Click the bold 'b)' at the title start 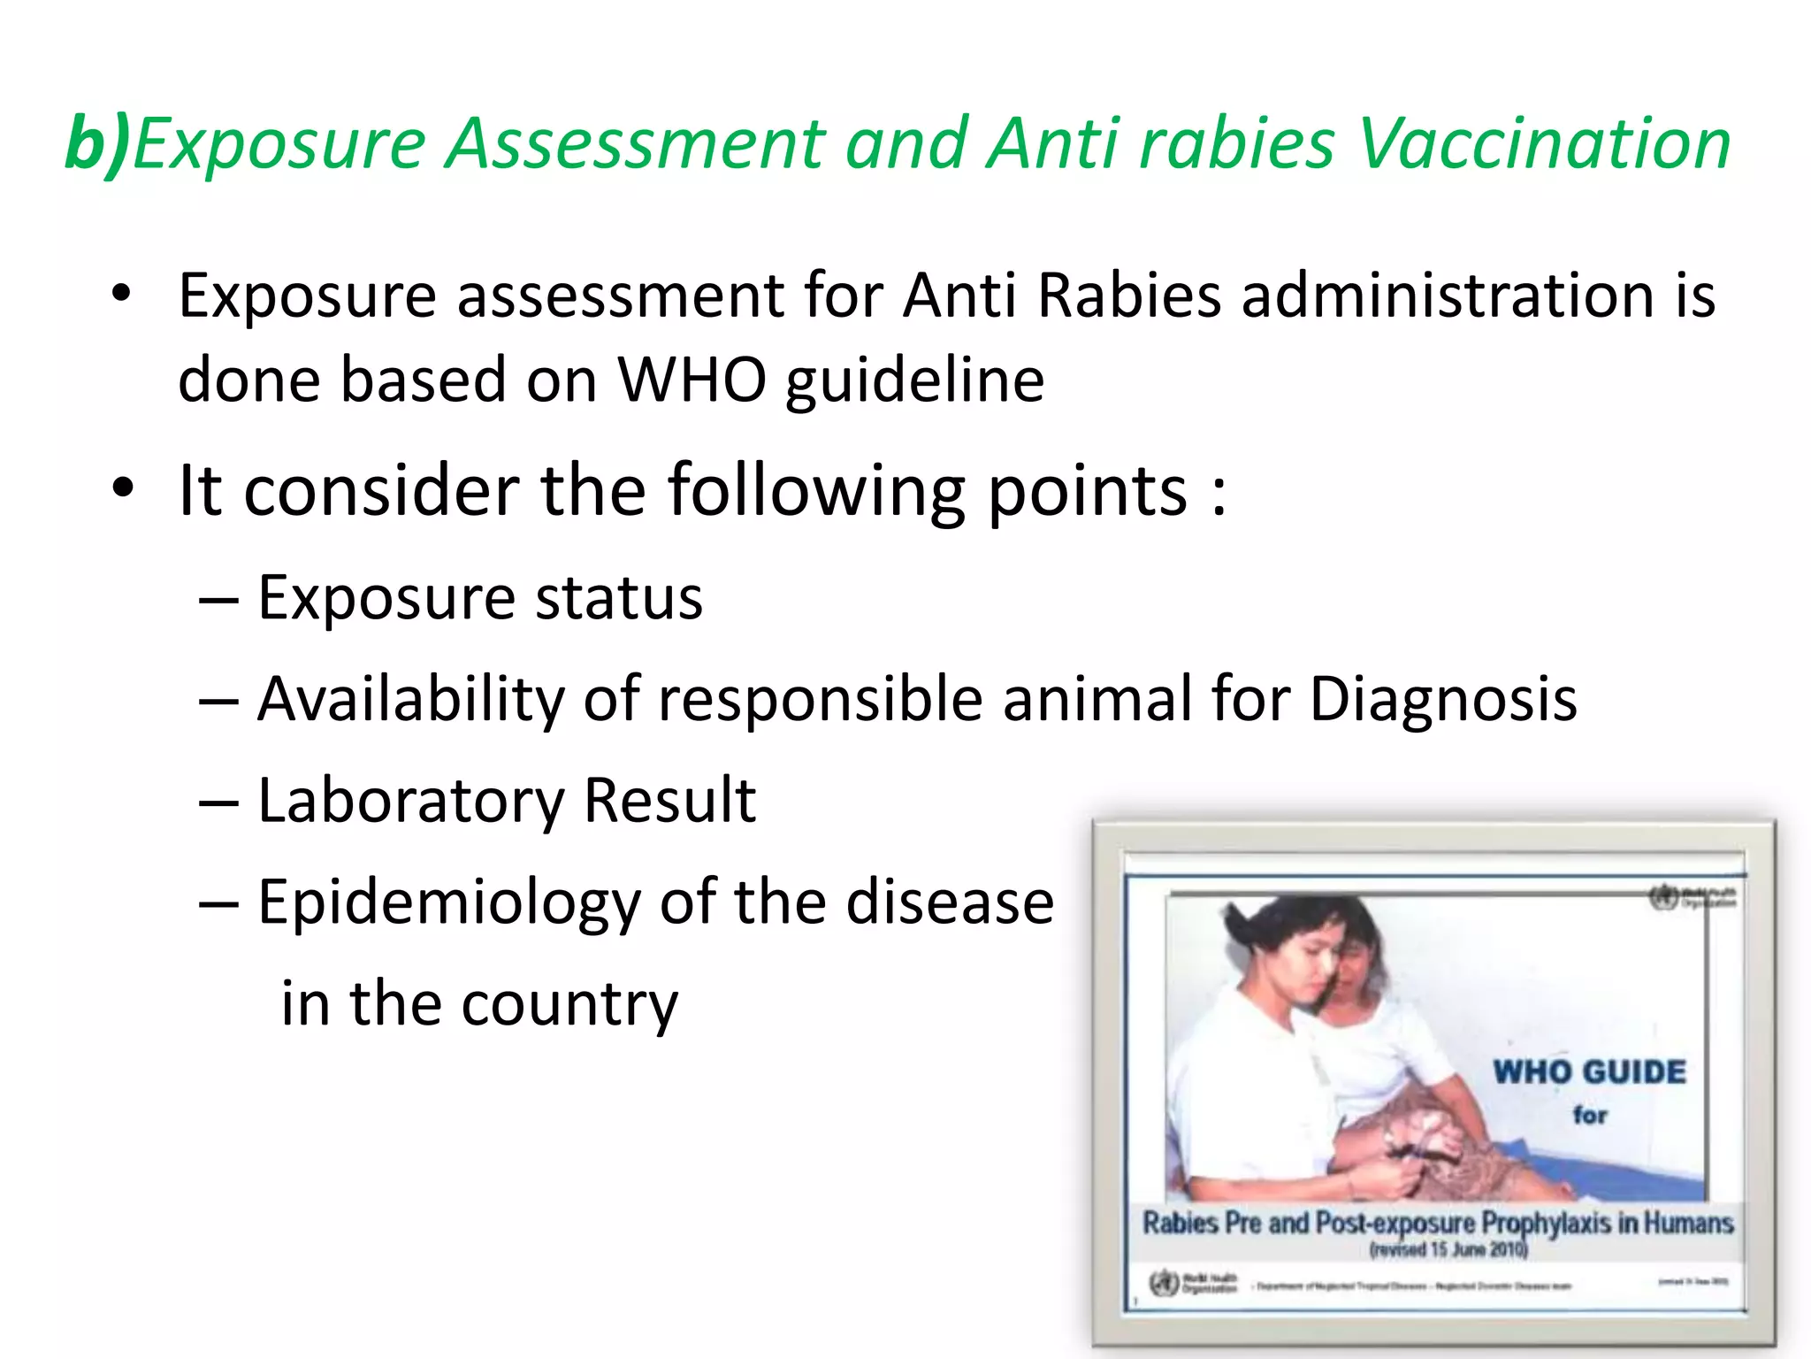coord(97,144)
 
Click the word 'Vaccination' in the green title coord(1544,144)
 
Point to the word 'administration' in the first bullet coord(1448,296)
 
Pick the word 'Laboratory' coord(410,801)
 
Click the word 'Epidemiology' coord(448,903)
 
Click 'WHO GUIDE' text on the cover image coord(1589,1072)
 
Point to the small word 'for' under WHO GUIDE coord(1589,1115)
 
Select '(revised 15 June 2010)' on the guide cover coord(1448,1249)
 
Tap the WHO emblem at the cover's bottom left coord(1163,1282)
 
